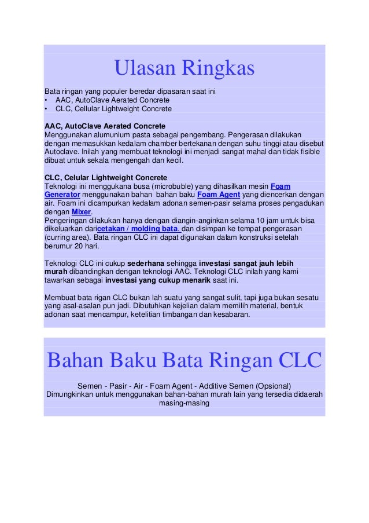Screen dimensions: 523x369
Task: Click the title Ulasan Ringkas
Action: pyautogui.click(x=184, y=69)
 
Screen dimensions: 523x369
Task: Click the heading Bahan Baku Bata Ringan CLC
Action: pyautogui.click(x=184, y=361)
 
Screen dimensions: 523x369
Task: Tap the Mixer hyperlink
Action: pyautogui.click(x=81, y=212)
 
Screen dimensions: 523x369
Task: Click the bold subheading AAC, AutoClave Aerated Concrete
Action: pyautogui.click(x=105, y=126)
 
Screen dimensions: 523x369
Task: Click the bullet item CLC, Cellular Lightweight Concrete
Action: pyautogui.click(x=113, y=108)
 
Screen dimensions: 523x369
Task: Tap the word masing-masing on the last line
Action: pyautogui.click(x=184, y=403)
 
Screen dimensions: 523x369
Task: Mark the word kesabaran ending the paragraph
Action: pyautogui.click(x=231, y=314)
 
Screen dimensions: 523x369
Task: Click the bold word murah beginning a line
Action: pyautogui.click(x=56, y=272)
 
